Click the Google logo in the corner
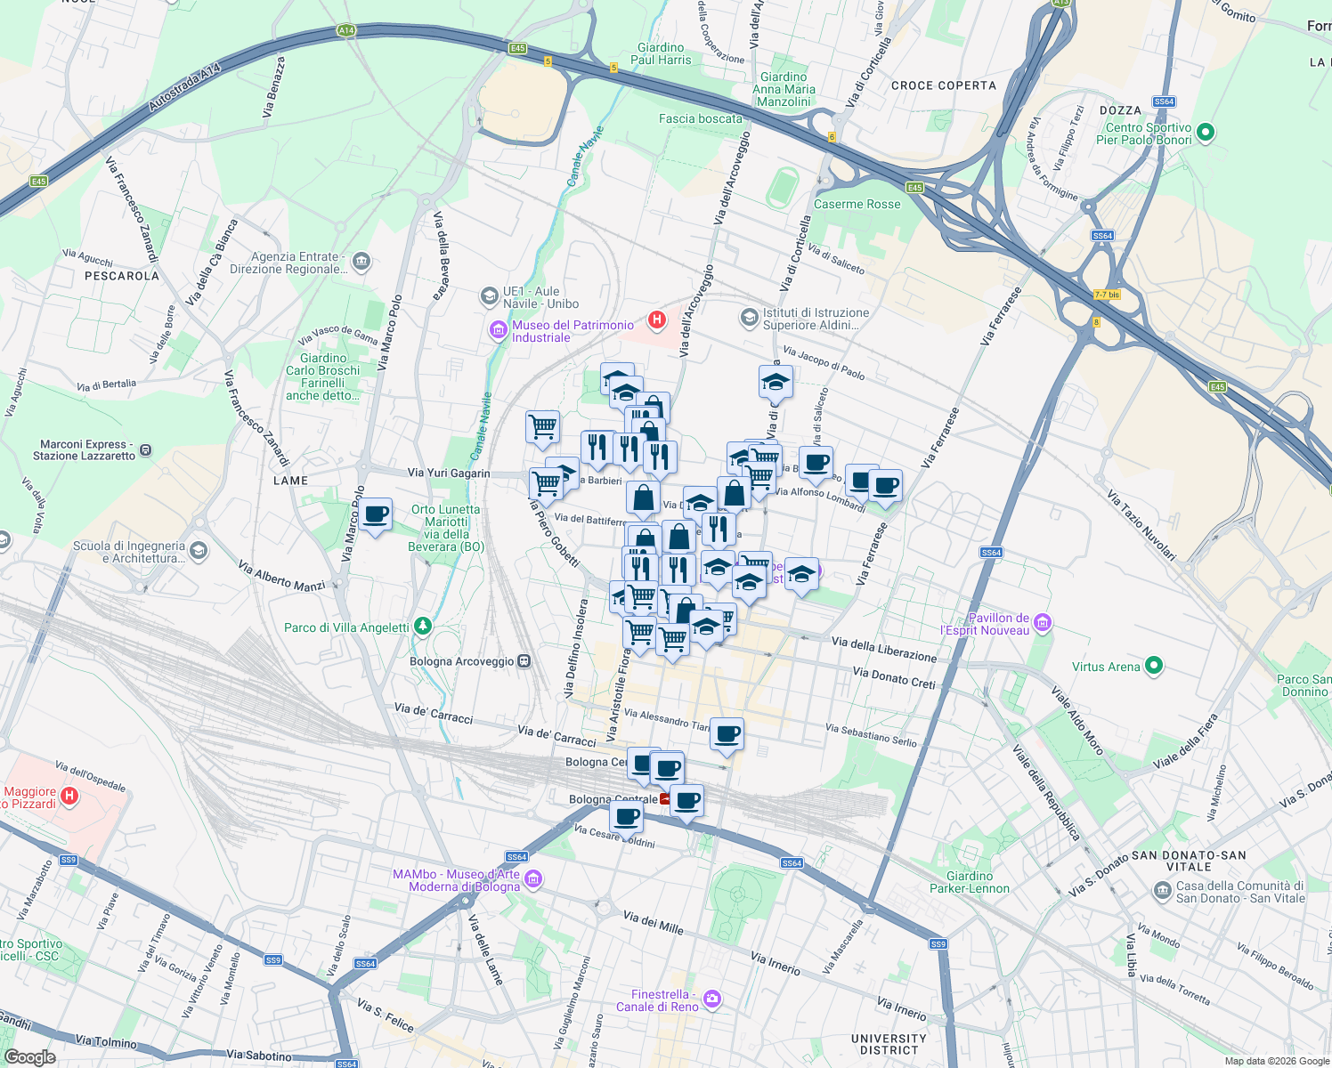point(30,1056)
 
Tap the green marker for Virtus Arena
point(1154,666)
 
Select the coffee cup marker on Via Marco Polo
point(376,514)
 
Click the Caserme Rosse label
point(857,204)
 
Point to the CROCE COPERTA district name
point(943,85)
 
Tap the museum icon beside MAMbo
point(533,880)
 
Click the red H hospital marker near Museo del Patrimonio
point(657,320)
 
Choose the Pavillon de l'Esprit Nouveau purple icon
point(1043,623)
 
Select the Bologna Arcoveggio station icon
point(524,661)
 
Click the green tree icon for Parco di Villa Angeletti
point(423,627)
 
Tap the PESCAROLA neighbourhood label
point(122,276)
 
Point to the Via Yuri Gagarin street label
point(448,473)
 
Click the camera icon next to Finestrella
point(711,999)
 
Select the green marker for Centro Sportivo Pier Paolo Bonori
point(1206,133)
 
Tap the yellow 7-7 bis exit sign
point(1107,295)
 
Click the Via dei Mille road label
point(653,922)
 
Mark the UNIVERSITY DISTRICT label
point(889,1044)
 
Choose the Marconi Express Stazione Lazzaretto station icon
point(146,450)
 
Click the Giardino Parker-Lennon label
point(970,882)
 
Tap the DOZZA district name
point(1120,110)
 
